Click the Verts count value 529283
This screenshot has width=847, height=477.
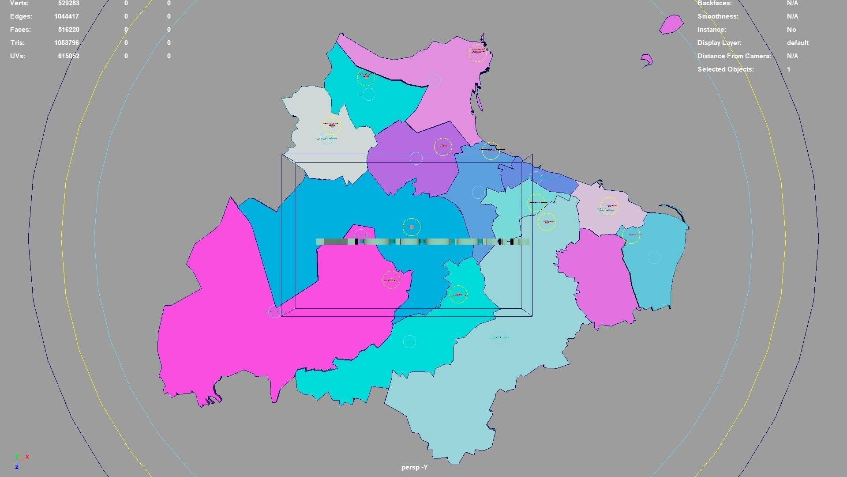tap(68, 3)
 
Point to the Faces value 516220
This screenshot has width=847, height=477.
tap(68, 30)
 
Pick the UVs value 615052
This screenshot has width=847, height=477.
tap(68, 56)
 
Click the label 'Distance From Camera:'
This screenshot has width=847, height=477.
tap(734, 56)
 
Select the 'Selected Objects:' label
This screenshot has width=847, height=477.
tap(725, 69)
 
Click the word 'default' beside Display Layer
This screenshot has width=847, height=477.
tap(797, 43)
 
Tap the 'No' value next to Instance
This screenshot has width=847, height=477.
tap(791, 30)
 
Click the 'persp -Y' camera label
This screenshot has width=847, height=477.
tap(414, 467)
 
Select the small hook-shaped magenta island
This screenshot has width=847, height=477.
tap(647, 60)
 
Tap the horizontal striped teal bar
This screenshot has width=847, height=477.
tap(422, 242)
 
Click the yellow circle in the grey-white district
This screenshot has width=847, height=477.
tap(332, 125)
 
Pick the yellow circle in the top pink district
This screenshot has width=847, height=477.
tap(477, 53)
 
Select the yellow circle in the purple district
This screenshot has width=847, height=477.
tap(443, 147)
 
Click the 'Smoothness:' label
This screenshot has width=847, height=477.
tap(718, 16)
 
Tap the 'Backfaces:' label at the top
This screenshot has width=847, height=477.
tap(714, 3)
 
